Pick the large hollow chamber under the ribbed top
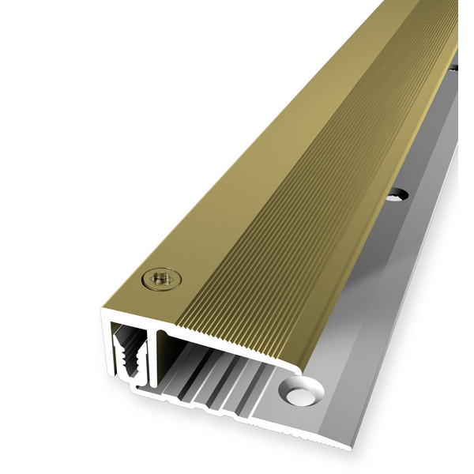pyautogui.click(x=213, y=348)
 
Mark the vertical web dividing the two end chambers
pyautogui.click(x=158, y=355)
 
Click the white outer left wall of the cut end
pyautogui.click(x=107, y=348)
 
